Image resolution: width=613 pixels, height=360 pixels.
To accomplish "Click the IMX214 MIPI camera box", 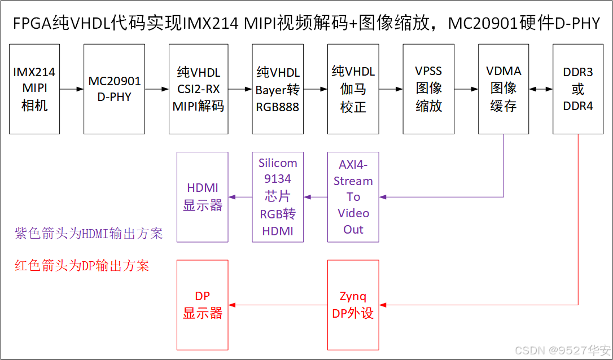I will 34,89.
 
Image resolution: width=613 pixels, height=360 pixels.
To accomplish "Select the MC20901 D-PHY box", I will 115,89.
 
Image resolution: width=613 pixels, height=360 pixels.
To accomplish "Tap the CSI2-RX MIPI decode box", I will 198,89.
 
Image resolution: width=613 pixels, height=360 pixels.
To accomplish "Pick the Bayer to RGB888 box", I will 278,89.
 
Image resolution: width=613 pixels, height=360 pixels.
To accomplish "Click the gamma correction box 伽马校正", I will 353,89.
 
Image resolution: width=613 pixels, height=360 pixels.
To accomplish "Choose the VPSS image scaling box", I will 428,89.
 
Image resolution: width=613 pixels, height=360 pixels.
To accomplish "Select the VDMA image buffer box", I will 503,89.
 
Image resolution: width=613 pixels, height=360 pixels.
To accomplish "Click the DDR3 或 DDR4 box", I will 579,89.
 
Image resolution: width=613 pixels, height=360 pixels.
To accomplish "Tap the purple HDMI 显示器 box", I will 203,197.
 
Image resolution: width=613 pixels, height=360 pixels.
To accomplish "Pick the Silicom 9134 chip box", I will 278,197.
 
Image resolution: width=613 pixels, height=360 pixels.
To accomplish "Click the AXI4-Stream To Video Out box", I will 353,197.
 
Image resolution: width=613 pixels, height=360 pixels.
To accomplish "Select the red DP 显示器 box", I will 203,305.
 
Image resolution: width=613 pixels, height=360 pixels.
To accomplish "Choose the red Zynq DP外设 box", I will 353,305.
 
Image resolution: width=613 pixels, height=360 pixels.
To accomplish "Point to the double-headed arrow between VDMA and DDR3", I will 541,89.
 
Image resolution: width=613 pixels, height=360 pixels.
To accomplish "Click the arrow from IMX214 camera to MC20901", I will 72,89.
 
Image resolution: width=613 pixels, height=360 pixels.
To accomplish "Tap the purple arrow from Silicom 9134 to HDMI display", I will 240,197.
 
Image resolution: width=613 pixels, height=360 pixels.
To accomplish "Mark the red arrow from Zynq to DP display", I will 278,305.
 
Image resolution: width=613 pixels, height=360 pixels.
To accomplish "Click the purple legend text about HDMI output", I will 89,233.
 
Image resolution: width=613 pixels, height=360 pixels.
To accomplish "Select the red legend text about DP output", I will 82,266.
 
